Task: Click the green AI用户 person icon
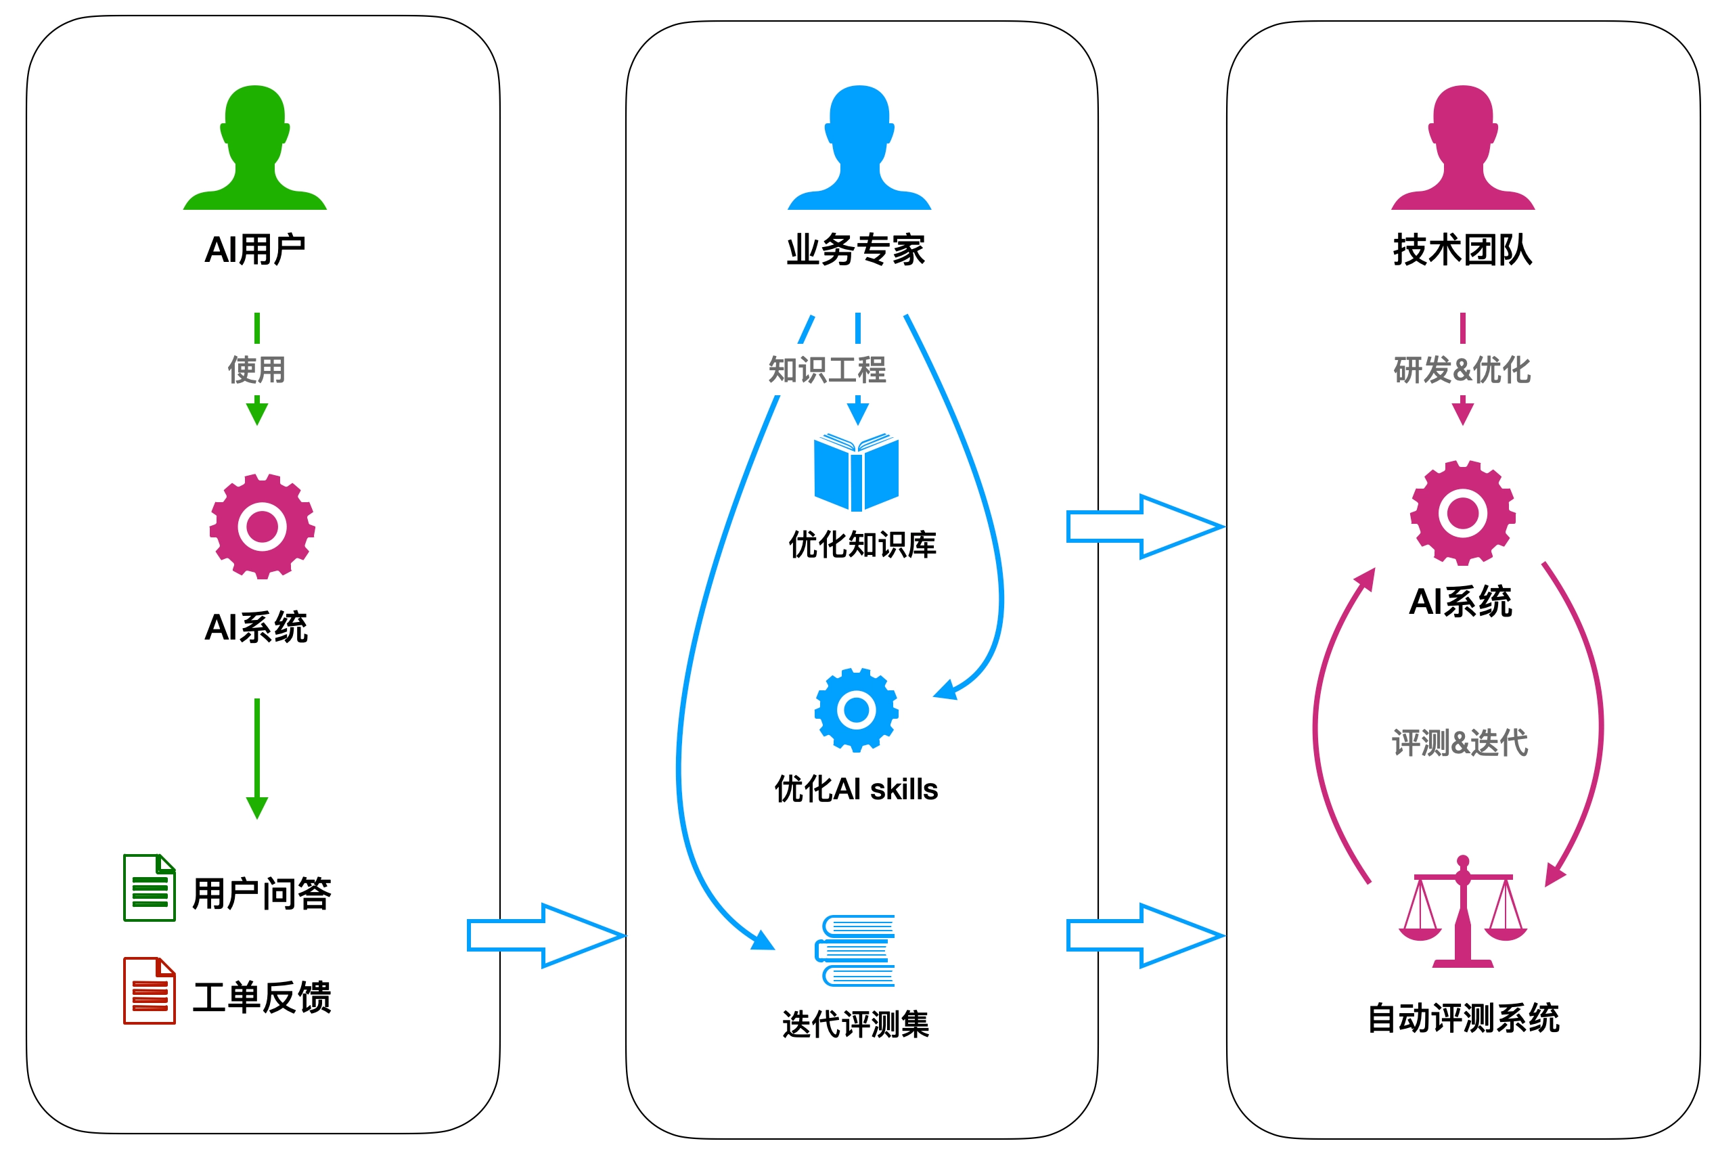click(254, 148)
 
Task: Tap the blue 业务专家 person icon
click(859, 148)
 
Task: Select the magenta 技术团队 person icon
click(1463, 148)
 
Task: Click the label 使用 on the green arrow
click(256, 370)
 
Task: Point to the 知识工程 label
click(827, 370)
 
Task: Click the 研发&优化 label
click(1462, 370)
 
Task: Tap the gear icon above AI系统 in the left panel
click(262, 527)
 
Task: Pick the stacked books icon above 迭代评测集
click(855, 951)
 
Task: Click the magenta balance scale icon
click(1463, 911)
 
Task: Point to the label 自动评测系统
click(1463, 1019)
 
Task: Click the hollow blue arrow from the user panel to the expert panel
click(547, 935)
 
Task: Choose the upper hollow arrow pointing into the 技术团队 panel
click(1146, 527)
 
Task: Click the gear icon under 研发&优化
click(1463, 513)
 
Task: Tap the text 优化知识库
click(863, 545)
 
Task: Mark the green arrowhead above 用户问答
click(257, 808)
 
